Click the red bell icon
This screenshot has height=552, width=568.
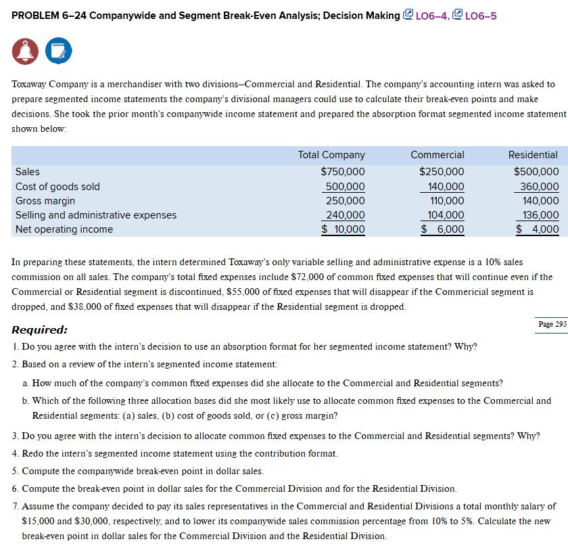pyautogui.click(x=24, y=50)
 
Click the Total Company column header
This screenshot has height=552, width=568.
pyautogui.click(x=331, y=155)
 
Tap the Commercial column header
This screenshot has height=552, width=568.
pyautogui.click(x=437, y=155)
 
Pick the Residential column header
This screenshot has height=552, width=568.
pyautogui.click(x=533, y=155)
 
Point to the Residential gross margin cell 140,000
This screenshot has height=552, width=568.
pyautogui.click(x=540, y=201)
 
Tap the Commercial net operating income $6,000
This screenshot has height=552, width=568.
pyautogui.click(x=443, y=229)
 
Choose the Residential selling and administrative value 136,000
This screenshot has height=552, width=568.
pyautogui.click(x=540, y=215)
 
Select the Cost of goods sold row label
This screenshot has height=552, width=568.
pyautogui.click(x=57, y=187)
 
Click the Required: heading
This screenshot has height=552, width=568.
pyautogui.click(x=40, y=330)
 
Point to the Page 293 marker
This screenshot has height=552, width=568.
pyautogui.click(x=552, y=324)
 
